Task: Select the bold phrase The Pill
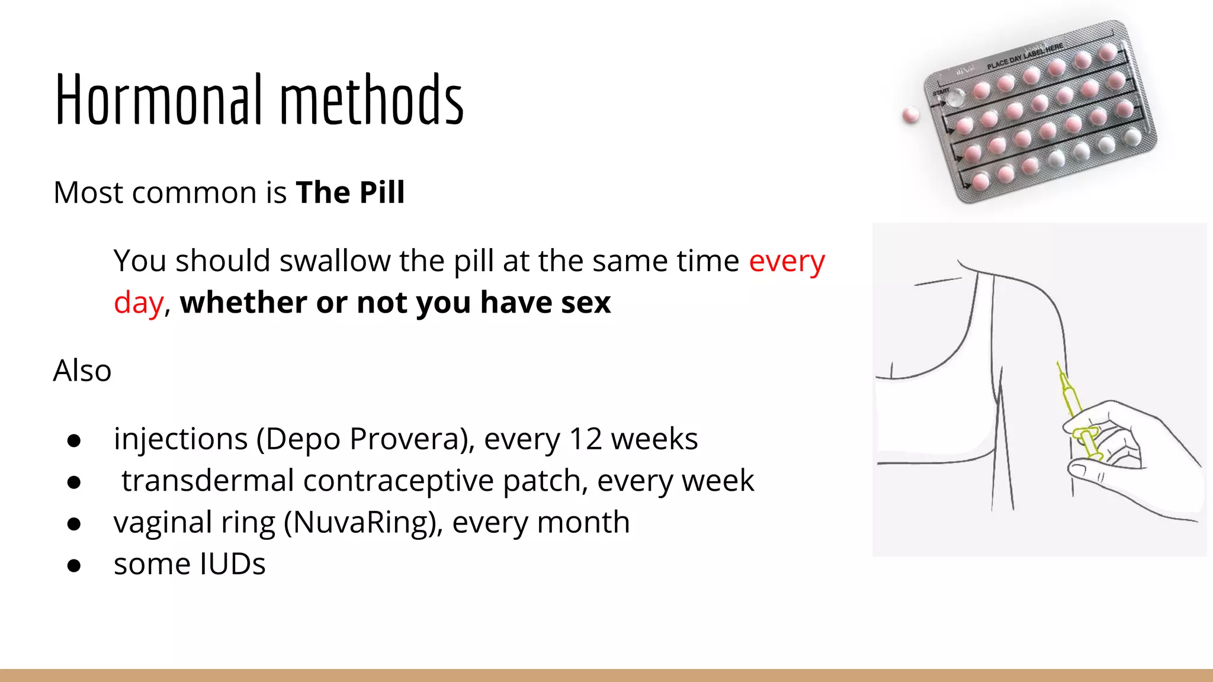[350, 192]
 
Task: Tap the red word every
[787, 262]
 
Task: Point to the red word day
[138, 303]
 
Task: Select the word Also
[82, 371]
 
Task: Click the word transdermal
[208, 481]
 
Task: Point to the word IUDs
[233, 564]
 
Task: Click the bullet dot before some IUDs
[74, 566]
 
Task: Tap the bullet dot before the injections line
[74, 440]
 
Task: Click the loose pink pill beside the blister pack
[910, 115]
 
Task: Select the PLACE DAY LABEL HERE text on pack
[1025, 56]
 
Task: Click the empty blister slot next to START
[954, 98]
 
